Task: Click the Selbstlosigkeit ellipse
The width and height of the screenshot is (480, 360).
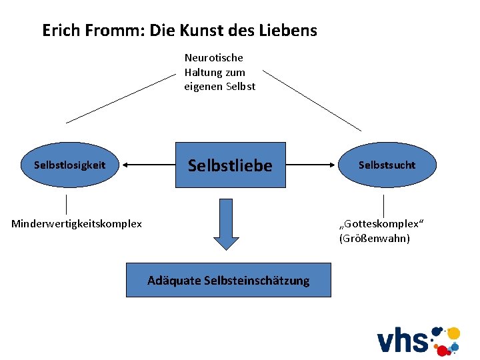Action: click(x=69, y=165)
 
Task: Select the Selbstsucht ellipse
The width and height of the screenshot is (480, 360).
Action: click(x=387, y=165)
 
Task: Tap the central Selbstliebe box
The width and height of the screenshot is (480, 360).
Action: click(x=230, y=165)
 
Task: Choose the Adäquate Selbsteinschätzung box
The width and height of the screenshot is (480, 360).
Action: click(x=228, y=281)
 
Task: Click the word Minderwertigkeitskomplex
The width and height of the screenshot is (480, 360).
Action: click(x=77, y=224)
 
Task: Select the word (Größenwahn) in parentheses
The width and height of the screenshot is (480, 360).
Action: click(x=374, y=238)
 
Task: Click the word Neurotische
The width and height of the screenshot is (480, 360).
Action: click(x=213, y=58)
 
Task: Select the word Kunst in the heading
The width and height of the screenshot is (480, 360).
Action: click(x=199, y=30)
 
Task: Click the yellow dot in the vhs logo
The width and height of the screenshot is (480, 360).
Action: click(x=453, y=333)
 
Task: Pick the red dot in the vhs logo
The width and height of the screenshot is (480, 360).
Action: click(x=441, y=350)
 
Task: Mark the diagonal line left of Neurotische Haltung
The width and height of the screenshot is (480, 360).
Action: click(x=120, y=98)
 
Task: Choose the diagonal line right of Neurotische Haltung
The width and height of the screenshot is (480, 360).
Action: click(x=312, y=100)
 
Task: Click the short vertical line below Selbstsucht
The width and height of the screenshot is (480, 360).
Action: click(x=383, y=205)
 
